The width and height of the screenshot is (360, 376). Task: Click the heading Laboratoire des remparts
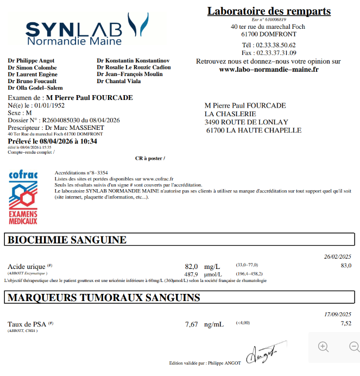coord(269,11)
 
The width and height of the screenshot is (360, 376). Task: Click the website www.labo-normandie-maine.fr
coord(268,70)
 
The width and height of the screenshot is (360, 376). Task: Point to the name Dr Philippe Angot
coord(31,60)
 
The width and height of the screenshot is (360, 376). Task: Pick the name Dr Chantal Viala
coord(119,81)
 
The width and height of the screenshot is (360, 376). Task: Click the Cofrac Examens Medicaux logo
coord(23,198)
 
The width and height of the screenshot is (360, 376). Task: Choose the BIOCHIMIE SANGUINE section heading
coord(67,240)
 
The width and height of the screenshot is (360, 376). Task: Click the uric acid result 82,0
coord(191,266)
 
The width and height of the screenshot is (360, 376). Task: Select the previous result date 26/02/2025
coord(338,256)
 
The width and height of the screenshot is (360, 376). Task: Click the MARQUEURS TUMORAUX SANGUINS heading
coord(104,297)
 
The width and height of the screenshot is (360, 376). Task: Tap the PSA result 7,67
coord(191,324)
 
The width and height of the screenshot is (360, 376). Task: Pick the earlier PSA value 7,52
coord(346,323)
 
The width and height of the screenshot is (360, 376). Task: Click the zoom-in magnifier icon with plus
coord(324,347)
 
